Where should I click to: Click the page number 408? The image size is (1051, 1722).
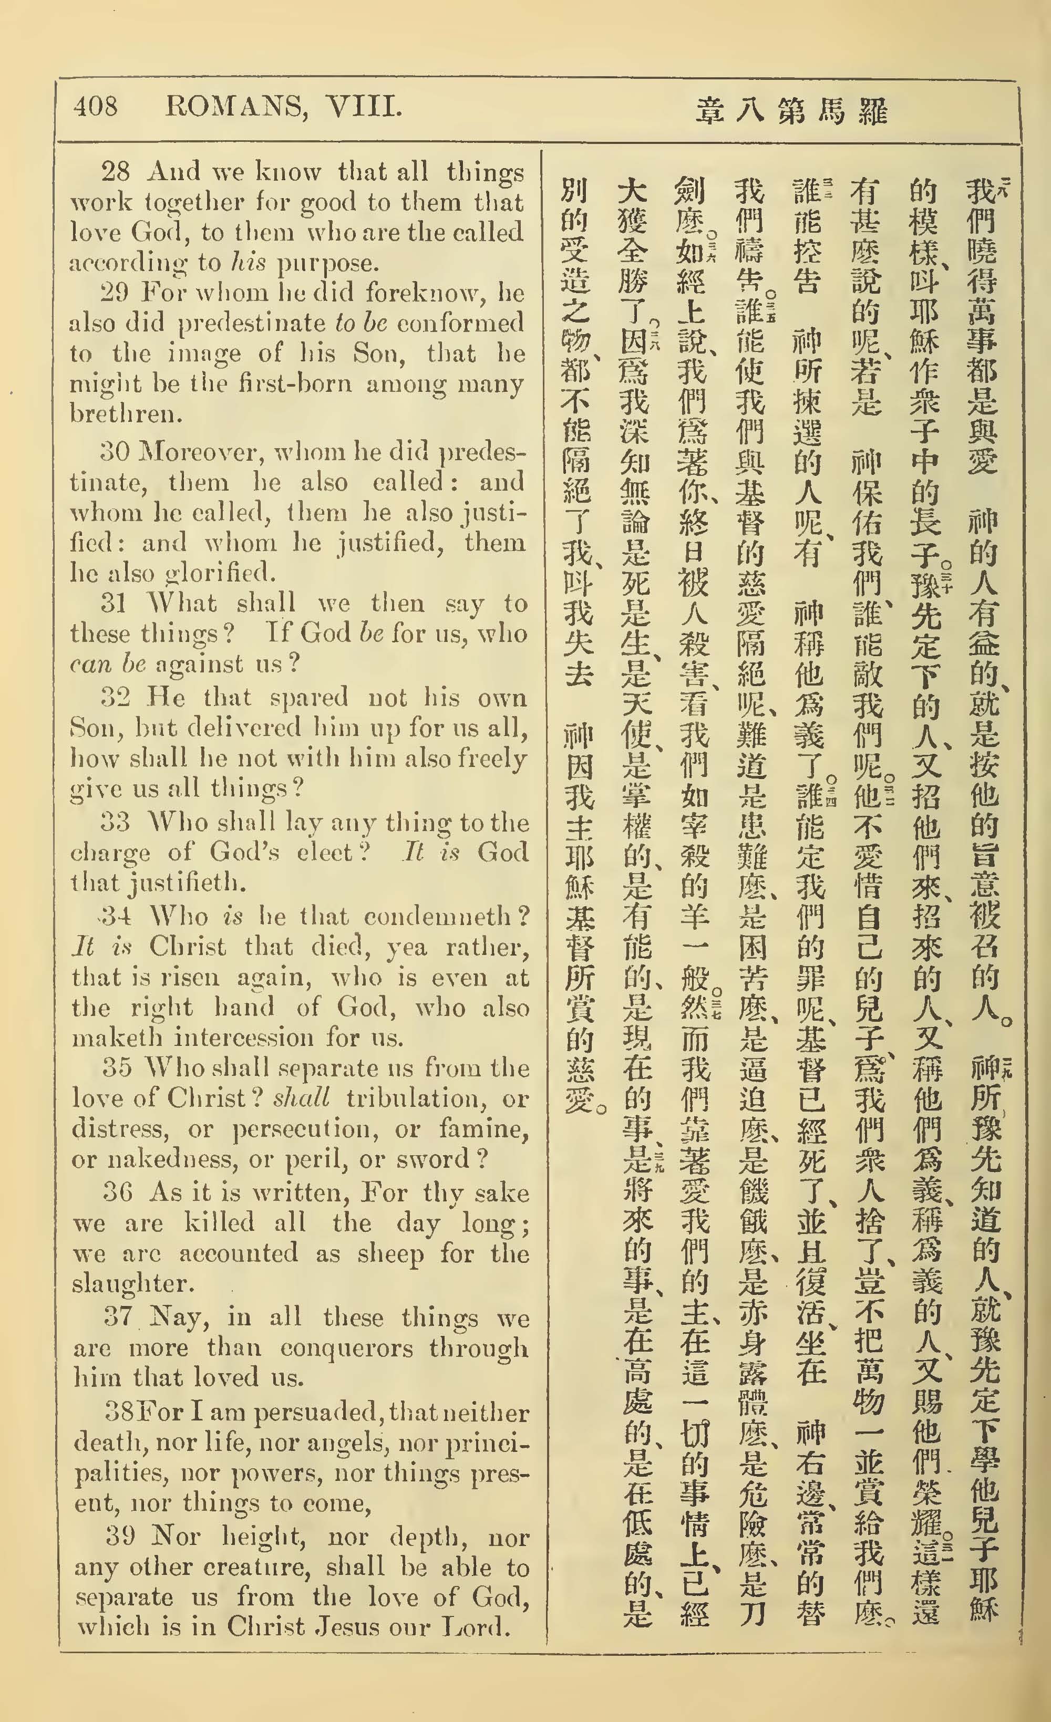[96, 107]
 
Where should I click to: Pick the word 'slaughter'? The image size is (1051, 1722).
[131, 1284]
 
